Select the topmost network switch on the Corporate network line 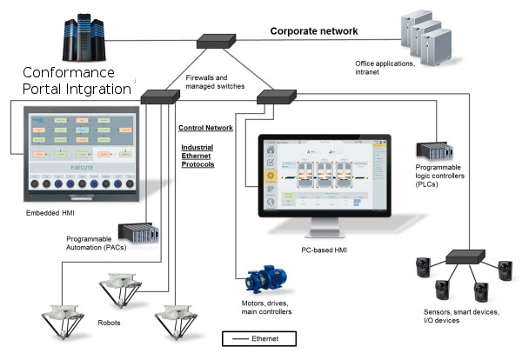click(x=214, y=40)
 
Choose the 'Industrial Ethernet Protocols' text click(x=197, y=156)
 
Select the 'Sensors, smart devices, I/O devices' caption click(x=462, y=315)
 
